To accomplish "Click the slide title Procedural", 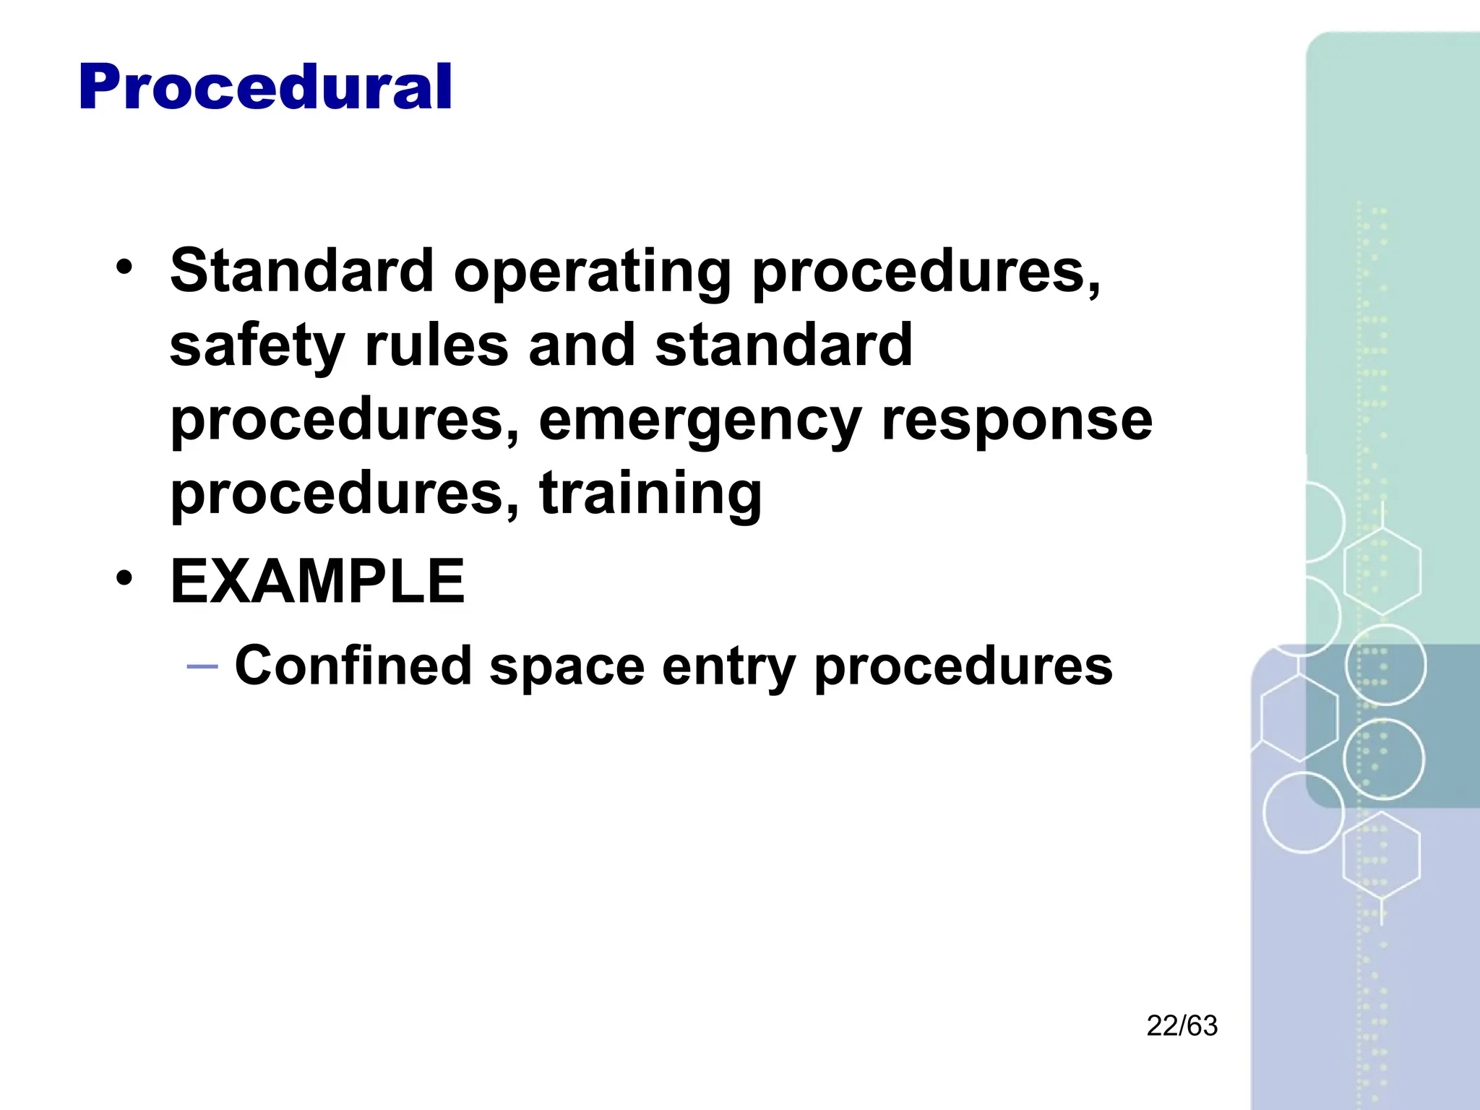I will pyautogui.click(x=265, y=87).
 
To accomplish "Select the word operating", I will pyautogui.click(x=593, y=272).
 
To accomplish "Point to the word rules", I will pyautogui.click(x=436, y=345).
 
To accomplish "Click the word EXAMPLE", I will pyautogui.click(x=317, y=582).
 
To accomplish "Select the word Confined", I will pyautogui.click(x=353, y=666).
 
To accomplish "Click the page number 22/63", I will pyautogui.click(x=1182, y=1026).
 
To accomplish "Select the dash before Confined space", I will pyautogui.click(x=202, y=666).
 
